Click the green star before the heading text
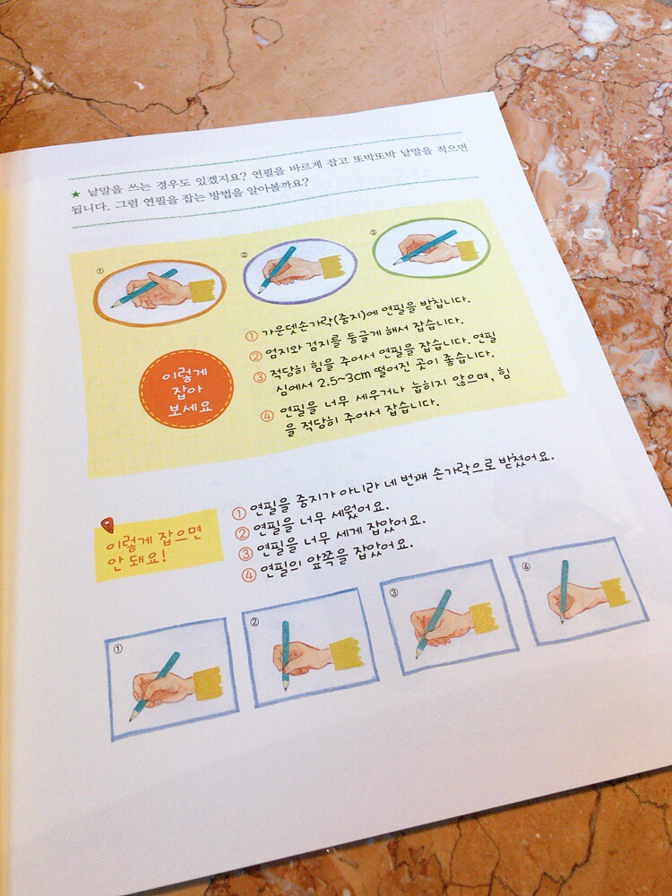[x=76, y=194]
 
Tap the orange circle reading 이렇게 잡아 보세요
[x=186, y=389]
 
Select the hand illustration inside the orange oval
[x=159, y=291]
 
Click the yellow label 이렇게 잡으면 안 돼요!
[x=157, y=547]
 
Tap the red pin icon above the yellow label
[x=107, y=524]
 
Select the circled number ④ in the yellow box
[x=267, y=417]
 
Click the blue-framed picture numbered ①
[x=171, y=678]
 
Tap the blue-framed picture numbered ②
[x=310, y=647]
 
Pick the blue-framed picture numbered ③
[x=449, y=617]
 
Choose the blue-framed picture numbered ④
[x=578, y=590]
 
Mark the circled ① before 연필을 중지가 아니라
[x=239, y=512]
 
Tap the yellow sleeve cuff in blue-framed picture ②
[x=346, y=653]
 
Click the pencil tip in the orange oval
[x=114, y=306]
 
